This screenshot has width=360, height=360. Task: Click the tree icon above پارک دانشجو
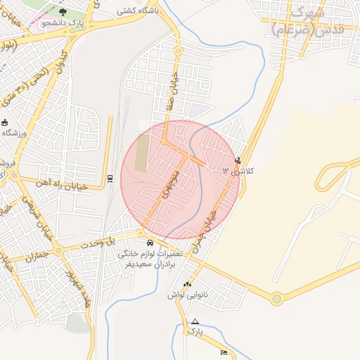[62, 12]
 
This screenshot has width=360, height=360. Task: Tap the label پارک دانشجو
[61, 22]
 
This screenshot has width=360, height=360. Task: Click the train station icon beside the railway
[110, 179]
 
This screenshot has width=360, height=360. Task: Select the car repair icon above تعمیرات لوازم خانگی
[152, 243]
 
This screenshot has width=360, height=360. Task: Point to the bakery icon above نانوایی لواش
[186, 285]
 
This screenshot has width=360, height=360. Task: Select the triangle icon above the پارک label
[195, 321]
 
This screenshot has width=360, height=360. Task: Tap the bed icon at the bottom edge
[224, 352]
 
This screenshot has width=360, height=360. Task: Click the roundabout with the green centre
[277, 299]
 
